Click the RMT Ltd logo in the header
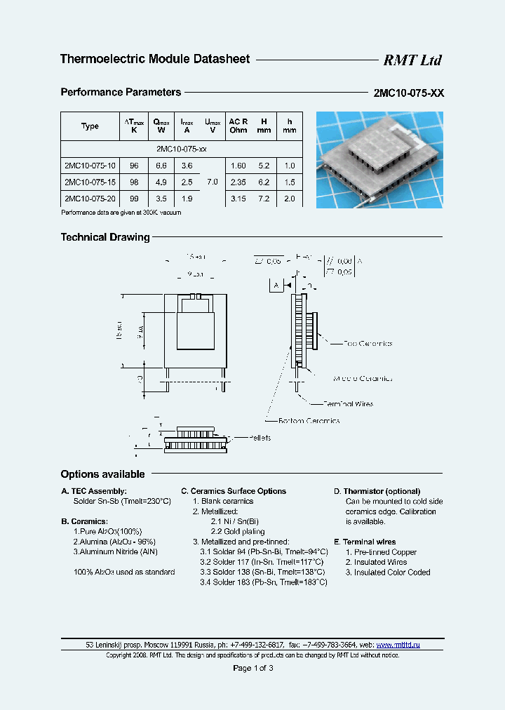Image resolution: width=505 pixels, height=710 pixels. click(x=412, y=60)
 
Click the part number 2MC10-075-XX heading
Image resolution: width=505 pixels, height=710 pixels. click(x=409, y=93)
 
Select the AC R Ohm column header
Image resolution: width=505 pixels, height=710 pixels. click(x=238, y=126)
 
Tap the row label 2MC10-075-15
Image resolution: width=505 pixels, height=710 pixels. click(x=90, y=182)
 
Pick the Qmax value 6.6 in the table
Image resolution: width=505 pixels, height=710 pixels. click(x=160, y=166)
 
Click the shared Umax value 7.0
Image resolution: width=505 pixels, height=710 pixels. click(x=213, y=182)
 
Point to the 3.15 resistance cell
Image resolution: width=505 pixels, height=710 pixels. click(x=238, y=199)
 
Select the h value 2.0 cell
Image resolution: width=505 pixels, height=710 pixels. click(x=289, y=199)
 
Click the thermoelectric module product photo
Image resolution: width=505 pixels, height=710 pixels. click(x=379, y=159)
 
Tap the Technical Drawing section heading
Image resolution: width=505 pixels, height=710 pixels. click(x=105, y=237)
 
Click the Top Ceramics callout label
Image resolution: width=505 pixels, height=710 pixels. click(x=368, y=344)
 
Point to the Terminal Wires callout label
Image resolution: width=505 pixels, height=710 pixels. click(x=348, y=404)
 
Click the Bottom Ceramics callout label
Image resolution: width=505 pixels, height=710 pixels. click(x=309, y=421)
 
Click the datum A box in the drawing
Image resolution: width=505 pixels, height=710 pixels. click(x=276, y=285)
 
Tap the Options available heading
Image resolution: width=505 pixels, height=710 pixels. click(x=102, y=474)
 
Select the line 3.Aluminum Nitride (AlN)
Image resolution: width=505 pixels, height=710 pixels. click(x=116, y=552)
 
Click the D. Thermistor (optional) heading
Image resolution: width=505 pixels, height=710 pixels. click(x=377, y=491)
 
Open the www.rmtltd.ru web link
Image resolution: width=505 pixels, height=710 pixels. click(x=398, y=645)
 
